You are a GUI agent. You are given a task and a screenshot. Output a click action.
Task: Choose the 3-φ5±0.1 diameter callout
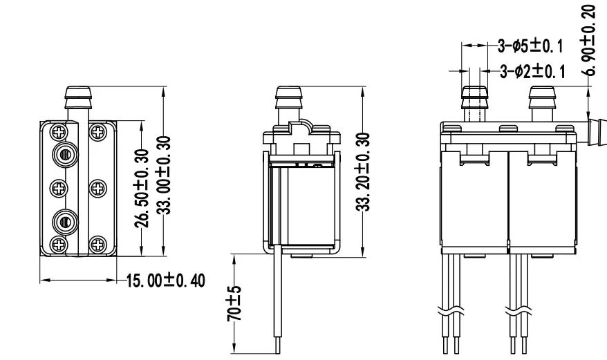(x=530, y=46)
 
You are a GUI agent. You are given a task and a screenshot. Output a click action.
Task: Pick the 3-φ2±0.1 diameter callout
(x=530, y=71)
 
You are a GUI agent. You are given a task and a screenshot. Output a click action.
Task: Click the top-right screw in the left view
(x=98, y=130)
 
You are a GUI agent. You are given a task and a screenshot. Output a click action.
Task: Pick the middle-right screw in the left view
(x=98, y=187)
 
